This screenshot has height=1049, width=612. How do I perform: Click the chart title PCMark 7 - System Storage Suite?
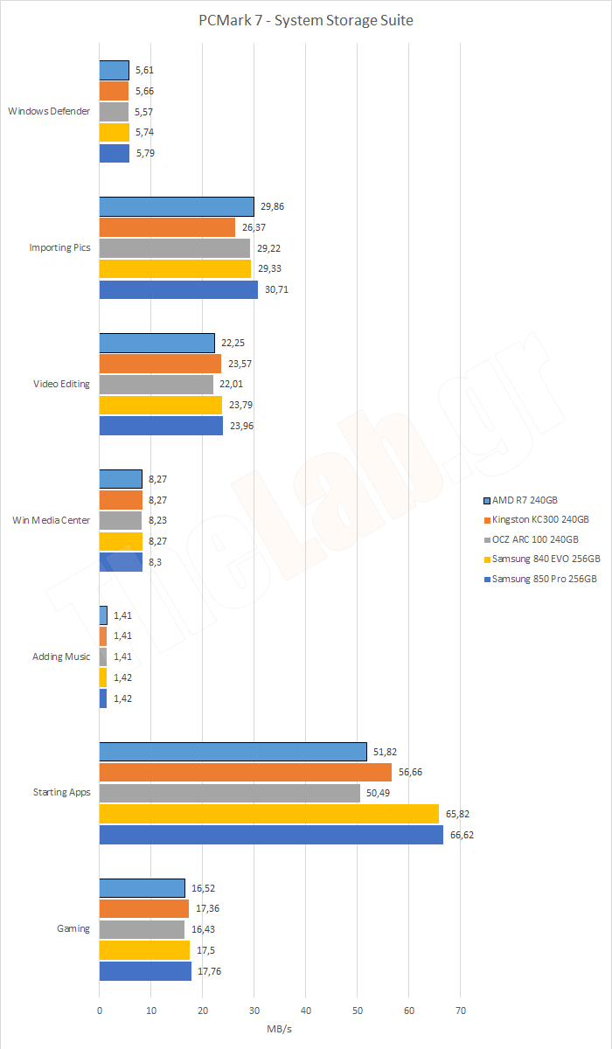[x=306, y=20]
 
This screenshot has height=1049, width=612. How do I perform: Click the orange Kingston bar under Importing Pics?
[x=167, y=227]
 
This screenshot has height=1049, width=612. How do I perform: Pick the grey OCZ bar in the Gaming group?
[x=142, y=929]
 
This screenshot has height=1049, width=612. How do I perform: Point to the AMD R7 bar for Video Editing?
[x=156, y=343]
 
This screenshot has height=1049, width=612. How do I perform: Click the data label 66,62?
[x=462, y=835]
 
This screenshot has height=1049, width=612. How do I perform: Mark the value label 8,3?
[x=154, y=562]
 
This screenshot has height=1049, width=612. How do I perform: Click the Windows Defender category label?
[x=49, y=111]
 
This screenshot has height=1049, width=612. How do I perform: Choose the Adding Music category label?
[x=60, y=656]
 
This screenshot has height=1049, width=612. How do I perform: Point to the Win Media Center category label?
[x=51, y=520]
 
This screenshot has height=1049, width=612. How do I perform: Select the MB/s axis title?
[x=281, y=1028]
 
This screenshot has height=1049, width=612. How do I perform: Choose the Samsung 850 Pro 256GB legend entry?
[x=544, y=579]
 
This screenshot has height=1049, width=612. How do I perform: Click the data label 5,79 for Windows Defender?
[x=145, y=153]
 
